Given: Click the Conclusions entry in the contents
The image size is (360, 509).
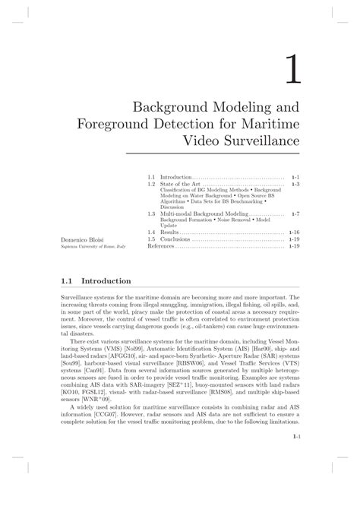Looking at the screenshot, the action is pyautogui.click(x=175, y=239).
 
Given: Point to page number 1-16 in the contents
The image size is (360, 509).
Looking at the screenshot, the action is pyautogui.click(x=295, y=232).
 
